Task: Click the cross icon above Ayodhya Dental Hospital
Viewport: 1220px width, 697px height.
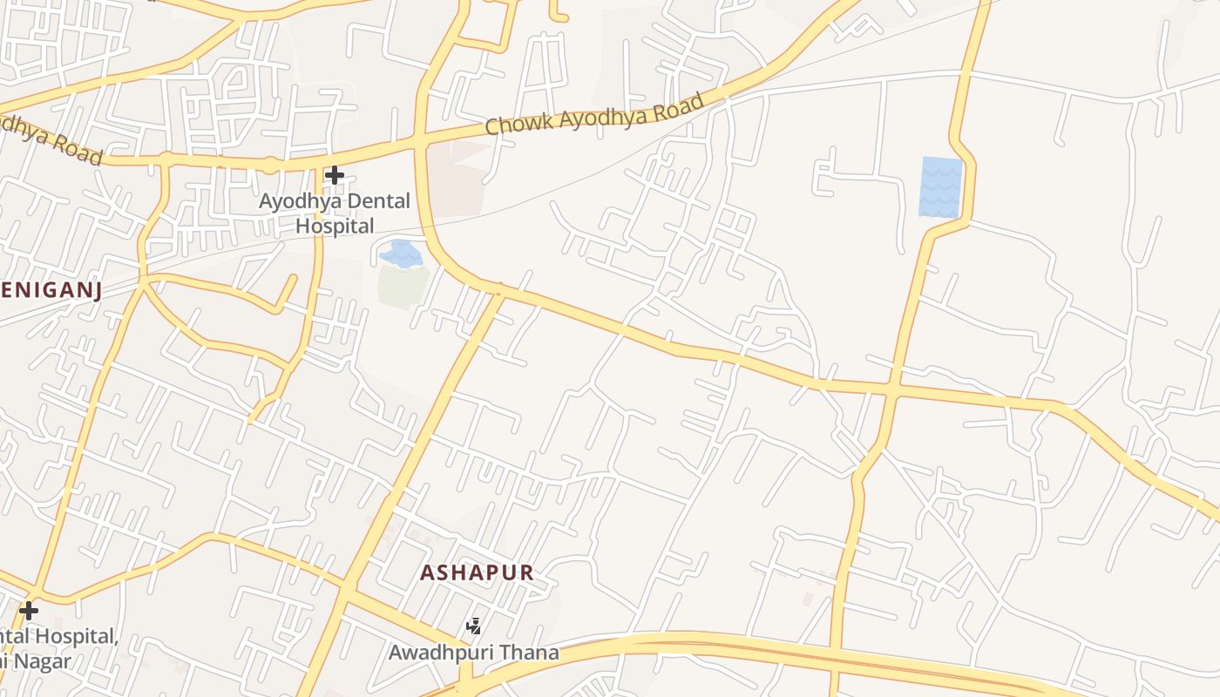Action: point(334,175)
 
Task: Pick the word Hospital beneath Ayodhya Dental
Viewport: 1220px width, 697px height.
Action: point(335,226)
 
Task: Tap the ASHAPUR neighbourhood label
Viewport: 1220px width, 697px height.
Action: point(476,572)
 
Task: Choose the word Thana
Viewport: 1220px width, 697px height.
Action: point(532,652)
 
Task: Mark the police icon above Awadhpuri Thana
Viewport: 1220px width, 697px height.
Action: point(474,626)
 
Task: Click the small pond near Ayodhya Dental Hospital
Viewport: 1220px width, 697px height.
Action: point(402,254)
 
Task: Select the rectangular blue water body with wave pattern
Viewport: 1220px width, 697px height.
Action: point(940,186)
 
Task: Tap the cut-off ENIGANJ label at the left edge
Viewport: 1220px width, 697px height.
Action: point(50,291)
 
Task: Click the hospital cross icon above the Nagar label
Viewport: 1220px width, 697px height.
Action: point(29,610)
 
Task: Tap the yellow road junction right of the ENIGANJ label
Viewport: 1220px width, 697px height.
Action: point(144,281)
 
